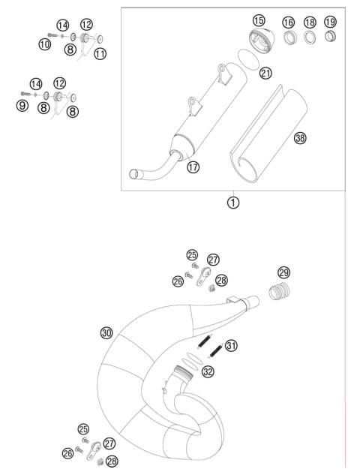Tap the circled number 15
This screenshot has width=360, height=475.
pyautogui.click(x=259, y=20)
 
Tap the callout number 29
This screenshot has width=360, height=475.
pyautogui.click(x=283, y=272)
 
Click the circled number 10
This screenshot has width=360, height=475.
pyautogui.click(x=44, y=45)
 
